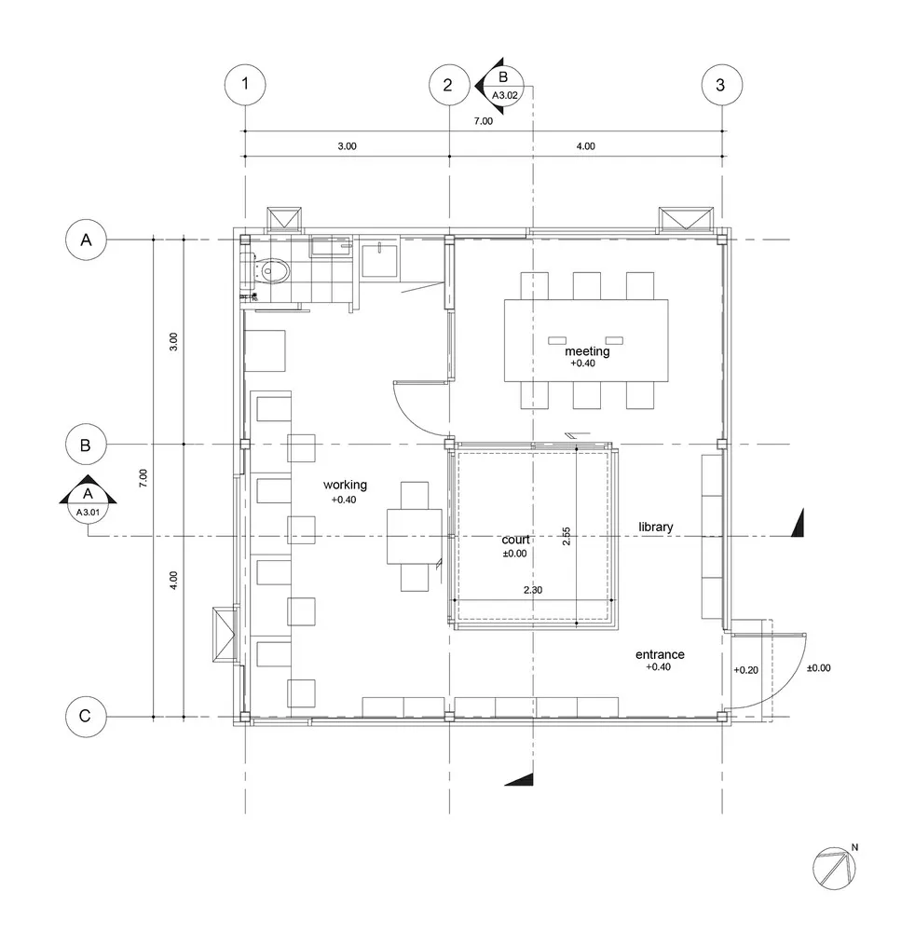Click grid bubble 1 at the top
pos(245,85)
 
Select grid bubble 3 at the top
pos(721,85)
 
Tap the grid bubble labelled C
pos(86,716)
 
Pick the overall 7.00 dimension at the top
pos(483,121)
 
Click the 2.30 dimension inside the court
pos(532,590)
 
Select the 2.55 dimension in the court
pos(567,536)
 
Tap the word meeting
pos(587,351)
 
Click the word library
pos(655,527)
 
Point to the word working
pos(345,485)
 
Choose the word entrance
pos(660,654)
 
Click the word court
pos(515,540)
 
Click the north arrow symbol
pos(835,868)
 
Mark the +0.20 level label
pos(745,670)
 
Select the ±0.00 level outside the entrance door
pos(818,668)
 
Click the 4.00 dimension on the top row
pos(585,146)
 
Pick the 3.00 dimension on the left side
pos(173,342)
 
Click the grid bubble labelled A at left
pos(86,240)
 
